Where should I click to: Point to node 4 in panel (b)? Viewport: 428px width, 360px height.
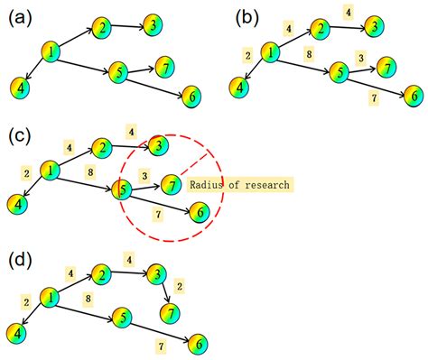point(239,88)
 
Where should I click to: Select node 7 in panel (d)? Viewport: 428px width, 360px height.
point(168,312)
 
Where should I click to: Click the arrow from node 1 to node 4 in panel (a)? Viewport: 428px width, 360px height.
point(33,72)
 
